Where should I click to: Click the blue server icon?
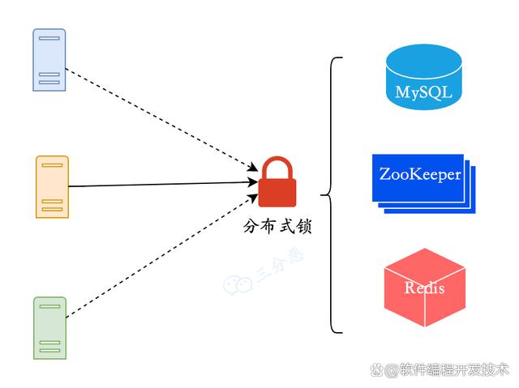(x=49, y=60)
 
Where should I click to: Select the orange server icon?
(x=52, y=187)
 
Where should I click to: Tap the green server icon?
(x=50, y=328)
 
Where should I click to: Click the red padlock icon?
(x=277, y=181)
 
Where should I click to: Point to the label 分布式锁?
(x=277, y=226)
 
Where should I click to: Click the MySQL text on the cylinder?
(x=423, y=92)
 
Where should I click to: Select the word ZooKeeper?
(x=420, y=174)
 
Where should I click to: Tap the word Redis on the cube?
(x=424, y=288)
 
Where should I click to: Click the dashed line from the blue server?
(x=162, y=120)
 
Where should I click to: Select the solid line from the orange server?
(x=163, y=185)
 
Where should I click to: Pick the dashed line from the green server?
(x=162, y=256)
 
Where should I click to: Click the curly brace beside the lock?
(x=331, y=195)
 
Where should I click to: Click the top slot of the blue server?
(x=49, y=38)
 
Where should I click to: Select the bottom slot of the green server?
(x=50, y=350)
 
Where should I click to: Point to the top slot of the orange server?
(x=52, y=165)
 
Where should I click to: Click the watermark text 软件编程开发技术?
(x=453, y=369)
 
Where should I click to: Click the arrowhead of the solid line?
(x=253, y=181)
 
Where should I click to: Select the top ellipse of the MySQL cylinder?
(x=423, y=62)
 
